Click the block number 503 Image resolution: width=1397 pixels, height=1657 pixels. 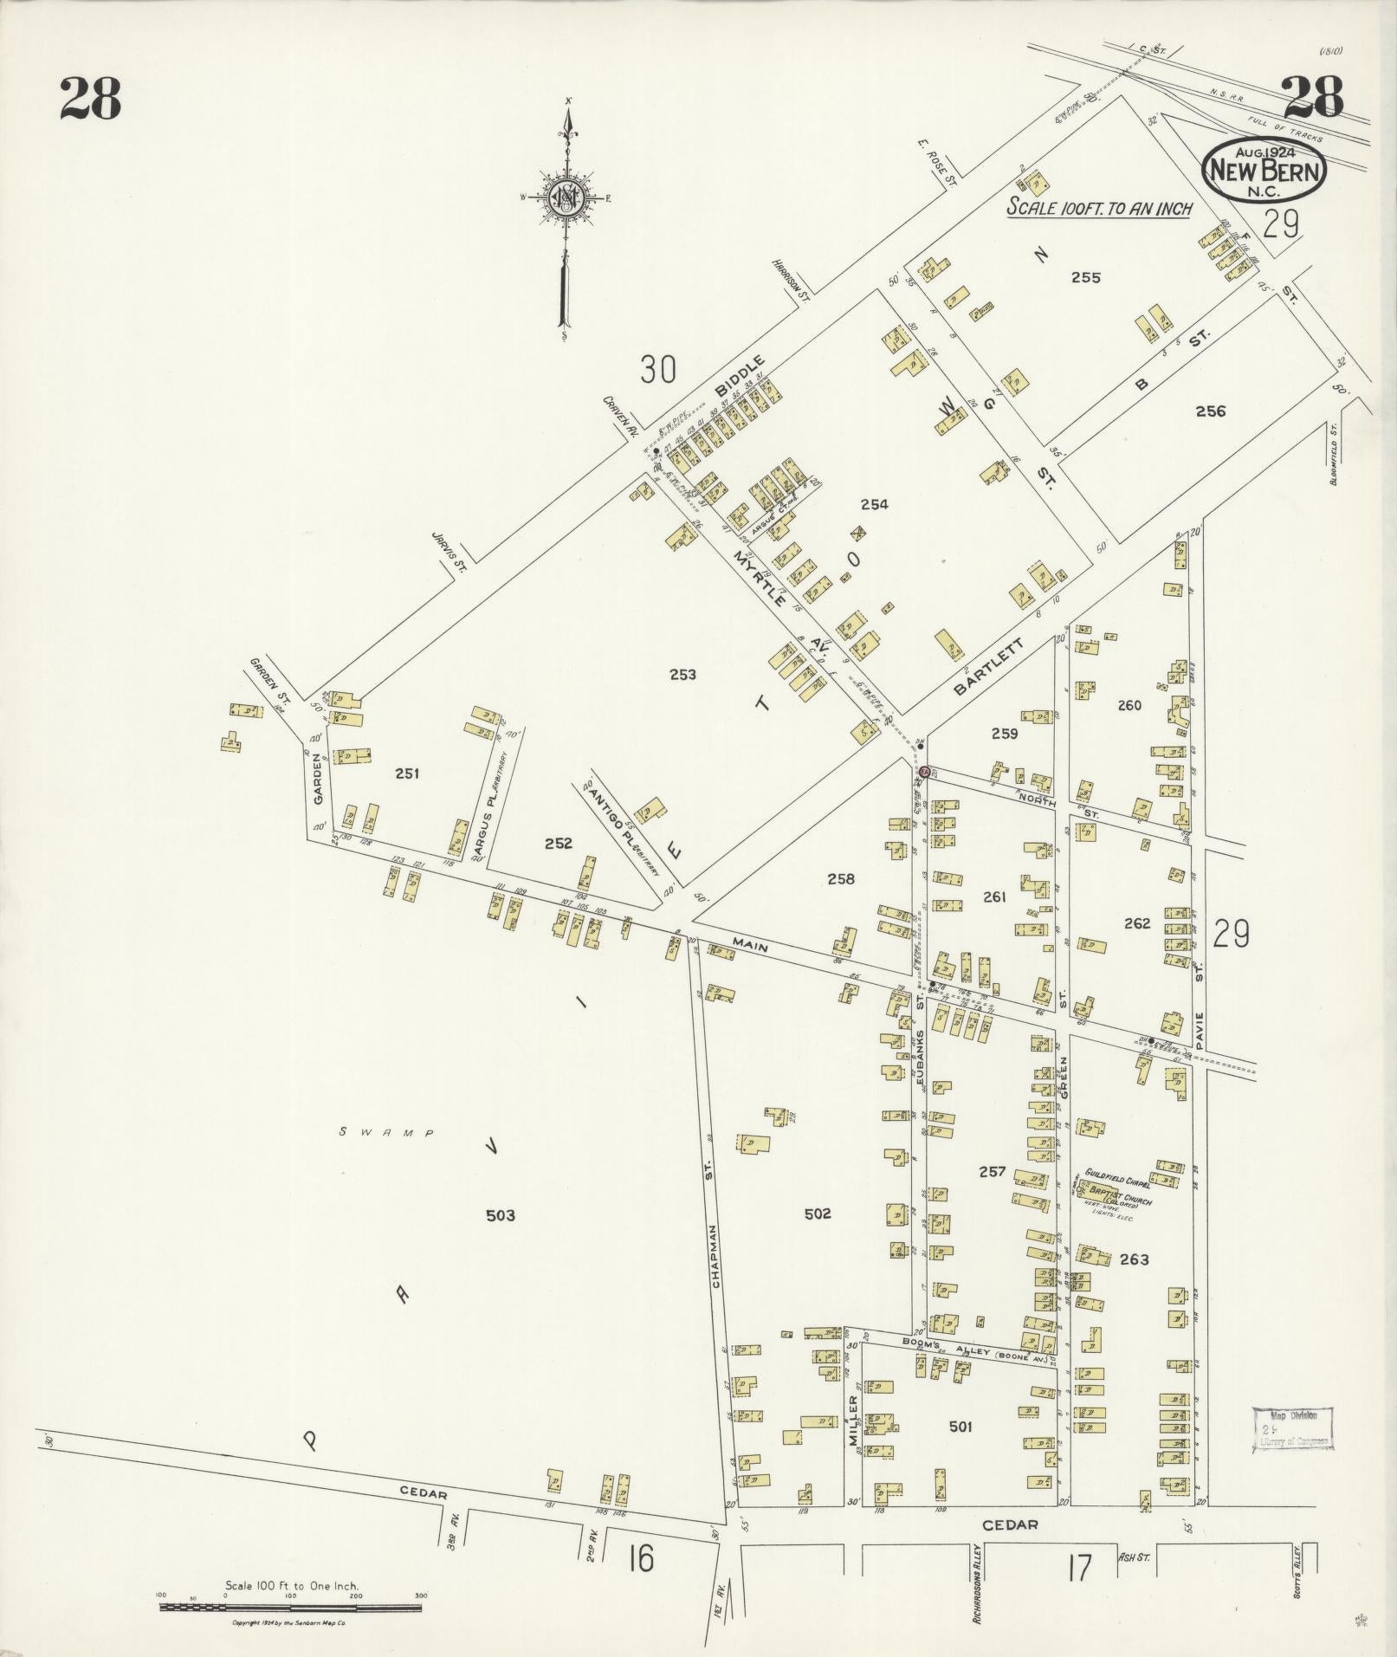[500, 1215]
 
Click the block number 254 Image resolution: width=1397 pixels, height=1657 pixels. [874, 504]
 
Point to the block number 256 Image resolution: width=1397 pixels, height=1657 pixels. [1210, 411]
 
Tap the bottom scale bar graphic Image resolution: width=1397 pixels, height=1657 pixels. [290, 1608]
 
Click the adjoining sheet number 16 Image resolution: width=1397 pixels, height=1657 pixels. [641, 1559]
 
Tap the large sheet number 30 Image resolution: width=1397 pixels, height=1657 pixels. [658, 370]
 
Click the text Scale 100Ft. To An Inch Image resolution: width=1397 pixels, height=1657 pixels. [1099, 208]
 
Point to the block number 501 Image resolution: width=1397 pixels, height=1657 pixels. [960, 1426]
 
